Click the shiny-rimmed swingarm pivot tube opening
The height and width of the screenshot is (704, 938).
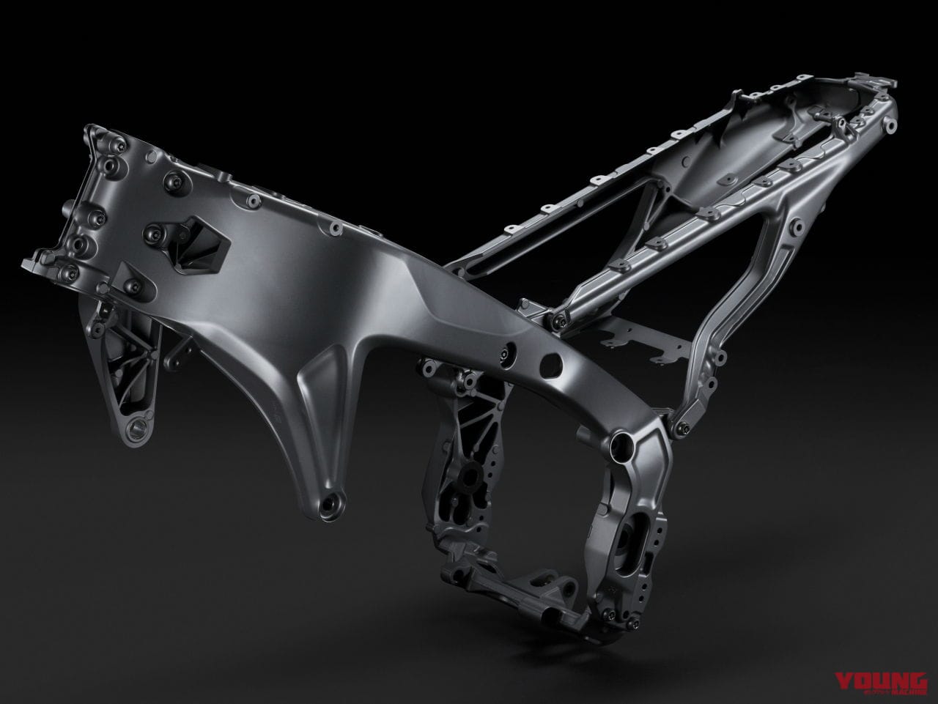[621, 445]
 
